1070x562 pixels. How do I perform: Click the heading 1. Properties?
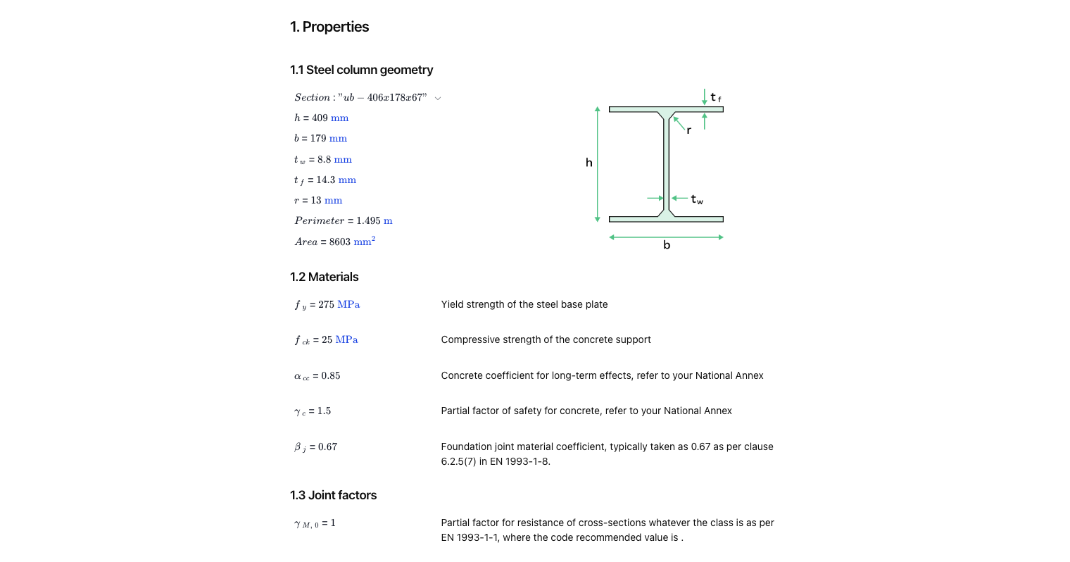coord(329,27)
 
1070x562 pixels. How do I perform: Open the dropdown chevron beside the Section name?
coord(438,99)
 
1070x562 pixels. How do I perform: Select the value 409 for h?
coord(320,118)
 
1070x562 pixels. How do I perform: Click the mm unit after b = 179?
coord(338,139)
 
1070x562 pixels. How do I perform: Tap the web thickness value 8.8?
coord(324,160)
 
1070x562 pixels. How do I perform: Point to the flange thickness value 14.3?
coord(325,180)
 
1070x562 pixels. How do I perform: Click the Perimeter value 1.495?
coord(368,221)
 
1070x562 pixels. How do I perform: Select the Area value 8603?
coord(339,242)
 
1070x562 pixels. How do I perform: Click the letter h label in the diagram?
coord(588,163)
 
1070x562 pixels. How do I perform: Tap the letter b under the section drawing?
coord(666,245)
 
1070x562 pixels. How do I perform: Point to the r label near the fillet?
coord(688,130)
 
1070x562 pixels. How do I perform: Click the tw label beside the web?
coord(696,199)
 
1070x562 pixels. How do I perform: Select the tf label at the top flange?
coord(715,97)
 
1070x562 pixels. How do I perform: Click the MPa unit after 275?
coord(348,305)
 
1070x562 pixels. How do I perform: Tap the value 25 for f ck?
coord(327,340)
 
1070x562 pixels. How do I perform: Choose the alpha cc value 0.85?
coord(330,376)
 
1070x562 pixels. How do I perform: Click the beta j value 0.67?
coord(327,447)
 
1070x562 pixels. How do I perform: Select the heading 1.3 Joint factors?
coord(333,495)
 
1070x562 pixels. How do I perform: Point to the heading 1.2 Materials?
coord(324,277)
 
